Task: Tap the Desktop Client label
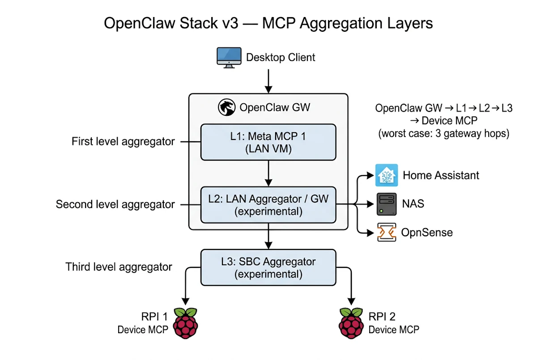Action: pyautogui.click(x=281, y=58)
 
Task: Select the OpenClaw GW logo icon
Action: pyautogui.click(x=227, y=108)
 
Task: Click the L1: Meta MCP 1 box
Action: pyautogui.click(x=268, y=142)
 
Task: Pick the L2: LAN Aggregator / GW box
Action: pyautogui.click(x=268, y=205)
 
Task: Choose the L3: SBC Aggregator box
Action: pyautogui.click(x=268, y=267)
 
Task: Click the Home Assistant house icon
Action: pyautogui.click(x=386, y=175)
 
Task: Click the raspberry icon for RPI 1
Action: pyautogui.click(x=184, y=323)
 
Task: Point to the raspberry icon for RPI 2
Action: pyautogui.click(x=351, y=323)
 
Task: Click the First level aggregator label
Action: pyautogui.click(x=123, y=142)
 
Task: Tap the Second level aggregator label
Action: pyautogui.click(x=115, y=205)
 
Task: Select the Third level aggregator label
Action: pyautogui.click(x=119, y=267)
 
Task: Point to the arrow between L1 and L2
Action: pyautogui.click(x=268, y=173)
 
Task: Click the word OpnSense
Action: pyautogui.click(x=426, y=233)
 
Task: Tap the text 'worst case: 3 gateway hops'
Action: pyautogui.click(x=443, y=134)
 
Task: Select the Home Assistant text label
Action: pyautogui.click(x=441, y=175)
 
